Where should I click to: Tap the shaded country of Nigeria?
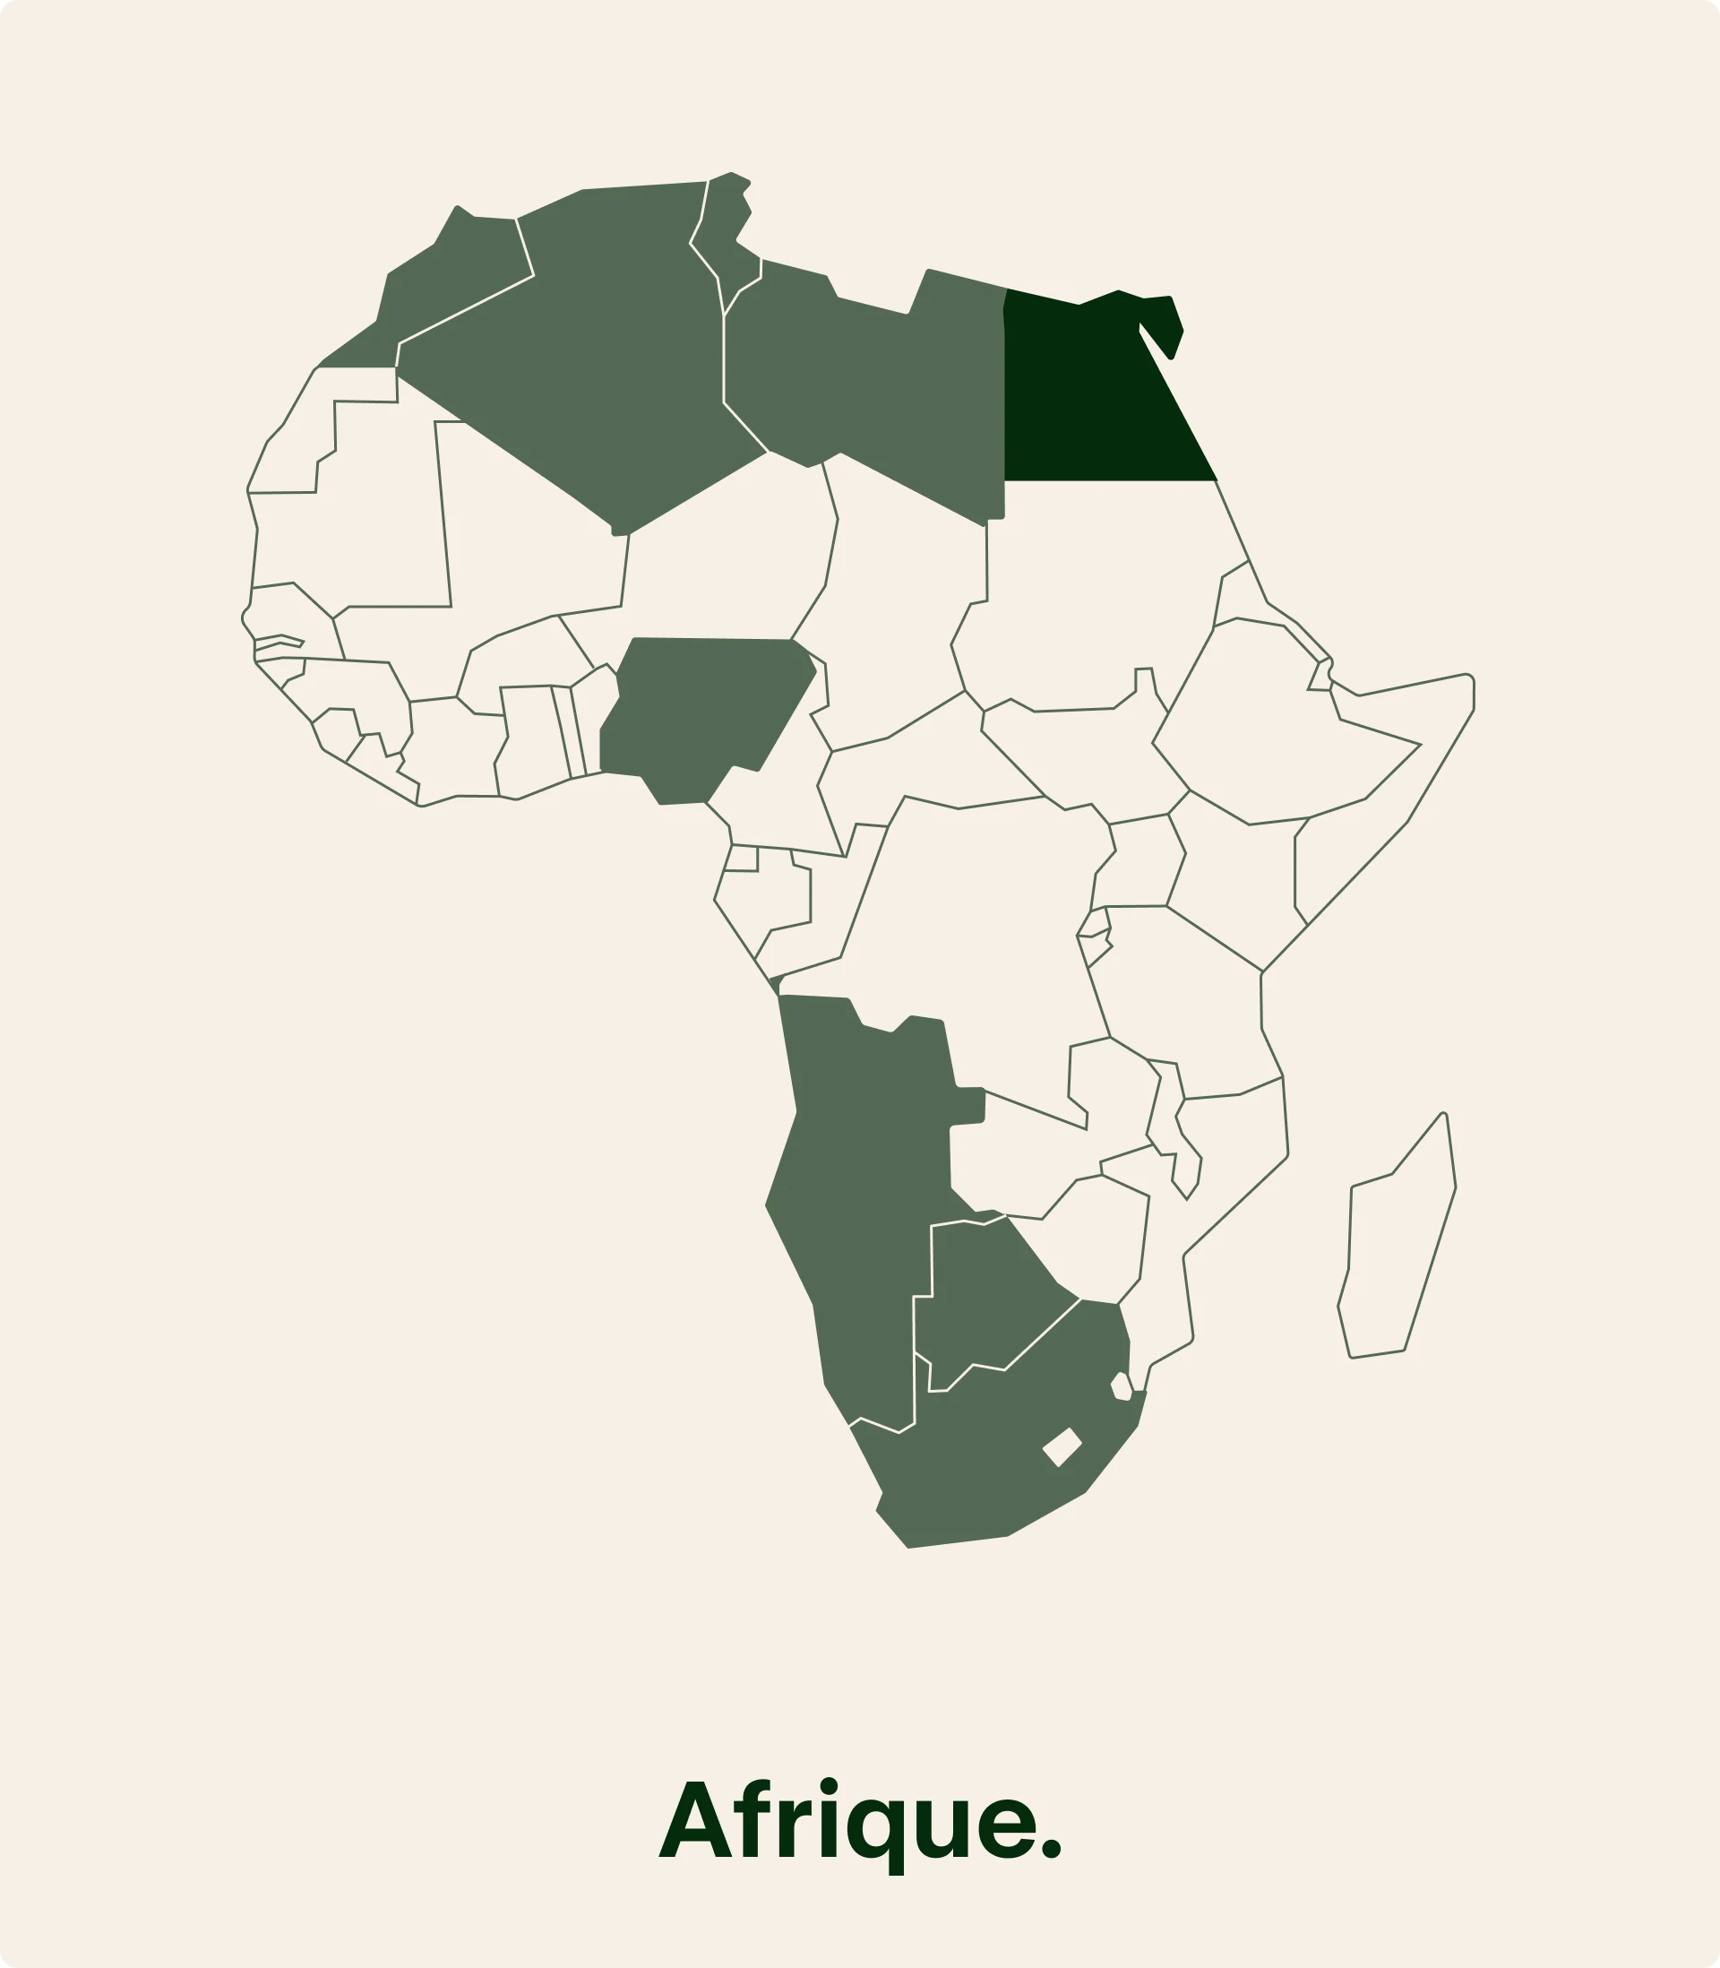tap(706, 715)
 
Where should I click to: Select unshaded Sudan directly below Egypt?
tap(1085, 595)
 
